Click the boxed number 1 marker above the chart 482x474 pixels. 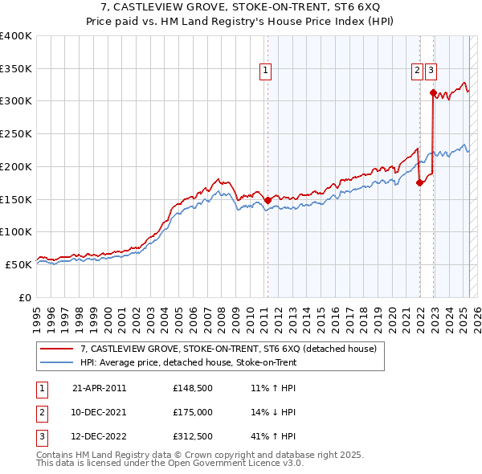tap(265, 71)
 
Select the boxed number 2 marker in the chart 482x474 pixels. tap(418, 71)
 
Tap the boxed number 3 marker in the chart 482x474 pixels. tap(431, 71)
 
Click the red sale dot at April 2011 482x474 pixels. tap(268, 200)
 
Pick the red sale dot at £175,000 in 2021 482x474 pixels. tap(419, 182)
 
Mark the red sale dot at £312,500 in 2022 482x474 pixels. tap(433, 92)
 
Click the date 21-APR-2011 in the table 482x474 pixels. tap(100, 387)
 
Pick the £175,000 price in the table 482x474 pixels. tap(193, 412)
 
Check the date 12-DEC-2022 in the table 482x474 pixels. tap(100, 438)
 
